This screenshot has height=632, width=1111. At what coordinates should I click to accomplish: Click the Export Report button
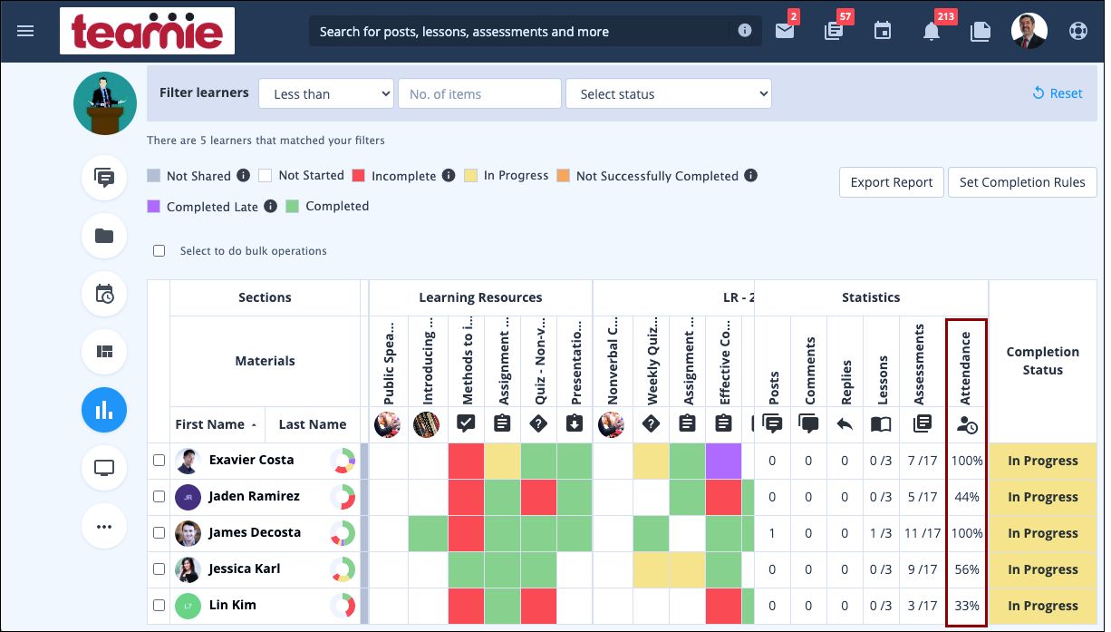point(891,182)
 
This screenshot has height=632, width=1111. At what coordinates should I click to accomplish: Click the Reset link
point(1058,93)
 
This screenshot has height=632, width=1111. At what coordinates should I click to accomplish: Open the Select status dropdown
point(668,94)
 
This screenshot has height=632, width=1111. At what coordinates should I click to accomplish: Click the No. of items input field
point(479,94)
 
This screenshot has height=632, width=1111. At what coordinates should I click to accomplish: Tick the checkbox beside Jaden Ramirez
point(159,497)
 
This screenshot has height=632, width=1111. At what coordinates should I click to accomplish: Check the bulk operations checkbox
point(159,251)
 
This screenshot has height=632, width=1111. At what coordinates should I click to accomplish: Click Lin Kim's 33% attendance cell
point(966,606)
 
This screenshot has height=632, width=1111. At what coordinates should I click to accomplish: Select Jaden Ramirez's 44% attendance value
point(966,497)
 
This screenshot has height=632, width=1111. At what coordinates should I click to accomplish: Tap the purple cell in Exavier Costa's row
point(723,461)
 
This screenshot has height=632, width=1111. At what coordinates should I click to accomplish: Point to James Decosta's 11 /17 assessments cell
point(921,533)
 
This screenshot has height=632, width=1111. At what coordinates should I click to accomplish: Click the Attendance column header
point(965,369)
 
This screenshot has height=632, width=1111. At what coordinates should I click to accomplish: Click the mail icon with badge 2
point(784,31)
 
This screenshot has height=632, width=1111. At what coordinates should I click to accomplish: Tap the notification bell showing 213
point(931,31)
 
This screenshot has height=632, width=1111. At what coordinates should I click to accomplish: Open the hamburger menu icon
point(25,31)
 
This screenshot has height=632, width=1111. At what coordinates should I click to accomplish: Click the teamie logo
point(147,32)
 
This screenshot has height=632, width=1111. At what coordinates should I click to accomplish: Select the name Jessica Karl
point(244,569)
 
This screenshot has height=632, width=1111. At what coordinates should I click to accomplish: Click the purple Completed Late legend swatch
point(154,207)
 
